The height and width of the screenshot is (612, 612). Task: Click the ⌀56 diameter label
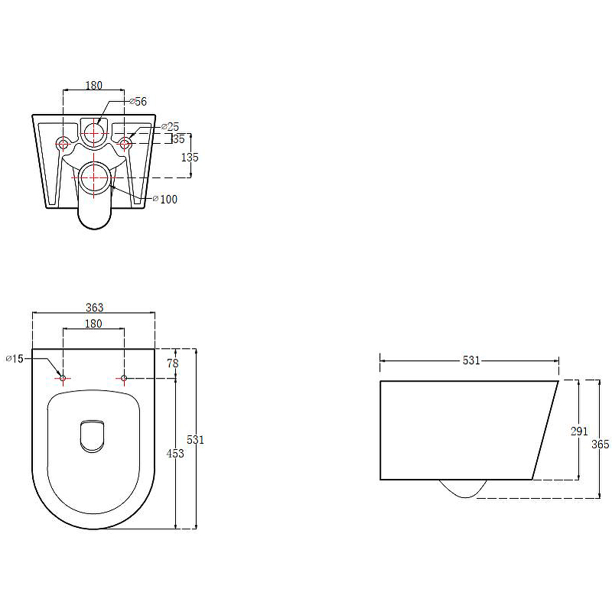click(x=138, y=102)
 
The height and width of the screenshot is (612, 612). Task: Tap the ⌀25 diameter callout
click(x=171, y=127)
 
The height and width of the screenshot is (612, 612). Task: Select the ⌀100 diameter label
click(x=165, y=200)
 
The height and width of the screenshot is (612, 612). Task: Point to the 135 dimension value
click(x=190, y=158)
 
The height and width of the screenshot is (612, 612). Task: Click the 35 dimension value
click(x=179, y=139)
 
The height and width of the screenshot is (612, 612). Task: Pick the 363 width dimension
click(x=94, y=308)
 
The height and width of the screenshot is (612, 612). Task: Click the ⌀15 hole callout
click(x=15, y=358)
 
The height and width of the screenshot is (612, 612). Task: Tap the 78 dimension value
click(x=173, y=363)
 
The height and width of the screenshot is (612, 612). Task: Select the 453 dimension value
click(x=175, y=454)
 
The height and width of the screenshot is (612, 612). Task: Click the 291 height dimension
click(x=579, y=431)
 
